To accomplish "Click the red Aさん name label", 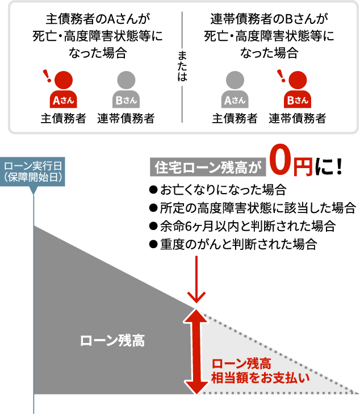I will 64,101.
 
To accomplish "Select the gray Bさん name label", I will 126,101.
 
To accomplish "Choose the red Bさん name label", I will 298,101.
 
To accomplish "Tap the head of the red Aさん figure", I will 64,80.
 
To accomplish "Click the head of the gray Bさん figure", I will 126,80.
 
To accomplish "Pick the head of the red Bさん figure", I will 298,80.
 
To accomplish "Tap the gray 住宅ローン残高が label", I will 208,168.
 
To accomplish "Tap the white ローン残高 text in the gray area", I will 112,341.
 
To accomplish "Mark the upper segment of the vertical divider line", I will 182,30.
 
